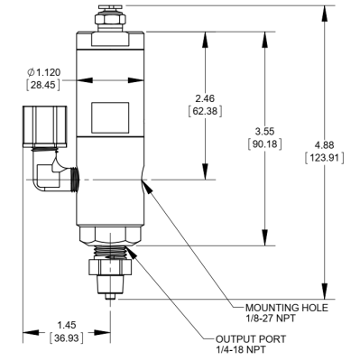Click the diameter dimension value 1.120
pyautogui.click(x=48, y=72)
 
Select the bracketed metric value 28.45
pyautogui.click(x=43, y=85)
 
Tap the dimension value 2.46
pyautogui.click(x=205, y=98)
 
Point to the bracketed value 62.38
pyautogui.click(x=205, y=111)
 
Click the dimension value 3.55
pyautogui.click(x=264, y=132)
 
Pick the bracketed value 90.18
pyautogui.click(x=264, y=144)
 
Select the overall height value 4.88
pyautogui.click(x=324, y=145)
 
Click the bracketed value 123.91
pyautogui.click(x=324, y=158)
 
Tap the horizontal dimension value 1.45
pyautogui.click(x=67, y=325)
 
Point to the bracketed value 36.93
pyautogui.click(x=67, y=338)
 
